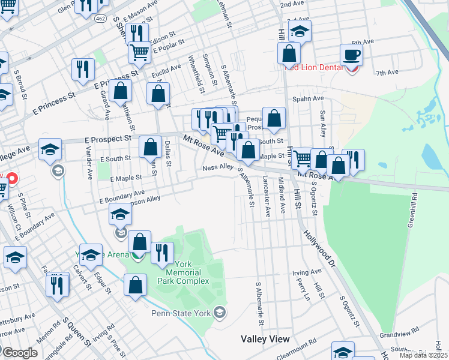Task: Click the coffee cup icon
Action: [351, 55]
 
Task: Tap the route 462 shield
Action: [100, 19]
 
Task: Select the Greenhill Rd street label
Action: [412, 207]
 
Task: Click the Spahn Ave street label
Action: [308, 98]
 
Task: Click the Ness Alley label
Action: [217, 167]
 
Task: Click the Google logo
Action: [19, 352]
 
